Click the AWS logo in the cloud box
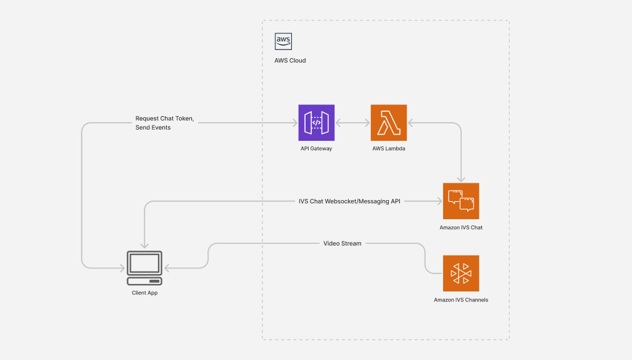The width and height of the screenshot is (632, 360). point(283,41)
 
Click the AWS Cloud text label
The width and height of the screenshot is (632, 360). point(290,61)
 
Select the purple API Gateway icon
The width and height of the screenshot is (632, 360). point(316,122)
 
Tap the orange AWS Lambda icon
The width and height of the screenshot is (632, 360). point(389,122)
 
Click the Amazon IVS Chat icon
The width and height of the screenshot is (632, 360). point(461,201)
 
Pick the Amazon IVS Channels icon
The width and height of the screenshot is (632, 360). point(461,273)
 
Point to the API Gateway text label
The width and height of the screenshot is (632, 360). point(316,149)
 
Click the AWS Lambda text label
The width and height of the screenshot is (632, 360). point(389,149)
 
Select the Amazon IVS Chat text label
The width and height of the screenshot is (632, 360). point(461,228)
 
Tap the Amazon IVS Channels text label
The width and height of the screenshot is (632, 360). point(461,300)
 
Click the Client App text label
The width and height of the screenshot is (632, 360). point(144,293)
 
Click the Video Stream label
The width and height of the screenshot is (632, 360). point(343,243)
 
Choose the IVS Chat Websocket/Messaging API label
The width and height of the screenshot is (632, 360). point(349,201)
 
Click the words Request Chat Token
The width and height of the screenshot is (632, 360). point(165,118)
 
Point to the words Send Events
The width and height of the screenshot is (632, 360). point(154,127)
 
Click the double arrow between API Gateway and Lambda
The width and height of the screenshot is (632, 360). point(352,123)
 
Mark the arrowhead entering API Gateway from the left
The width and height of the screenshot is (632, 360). point(295,123)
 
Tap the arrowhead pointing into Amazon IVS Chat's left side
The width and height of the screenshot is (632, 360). point(439,201)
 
